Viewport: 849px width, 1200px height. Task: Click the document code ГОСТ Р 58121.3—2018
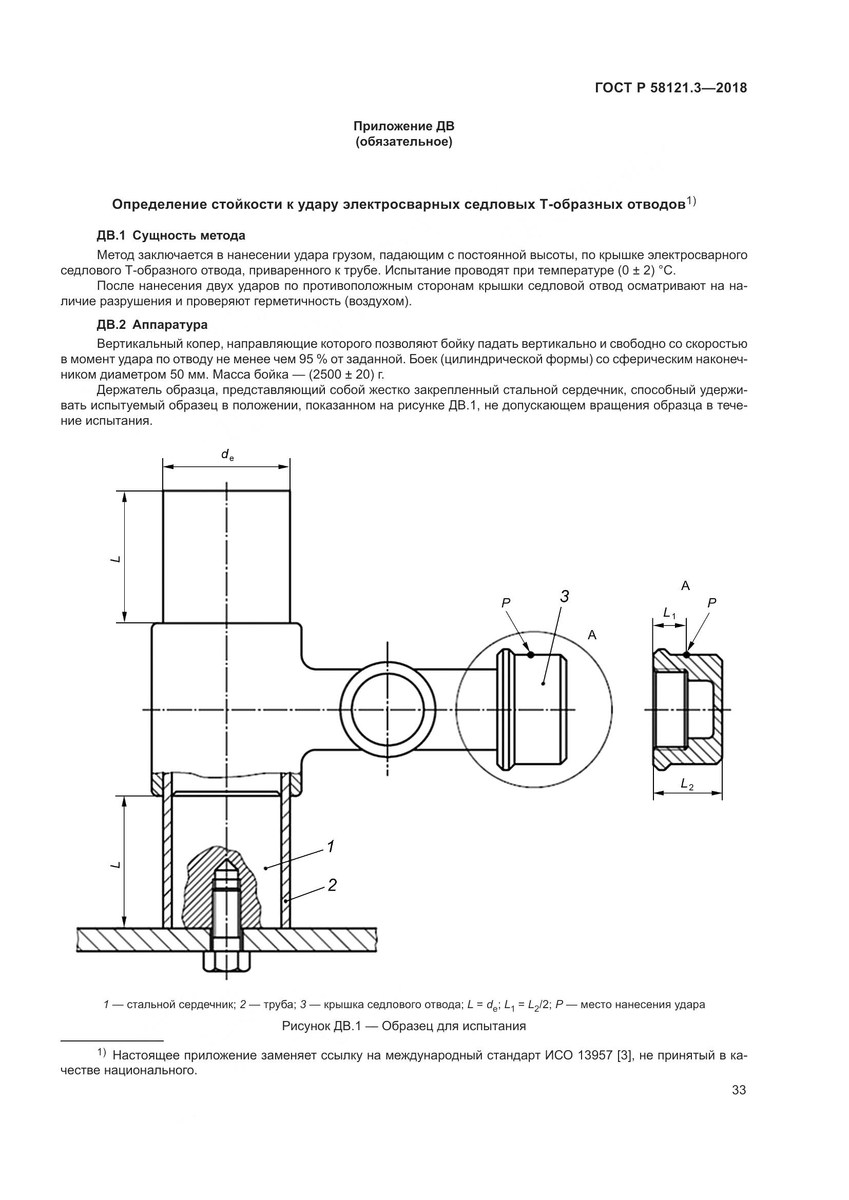(671, 88)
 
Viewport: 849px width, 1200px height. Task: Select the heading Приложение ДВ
(403, 126)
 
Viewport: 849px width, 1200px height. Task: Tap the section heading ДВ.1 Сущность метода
(171, 235)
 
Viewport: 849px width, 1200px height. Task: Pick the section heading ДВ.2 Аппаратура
(152, 325)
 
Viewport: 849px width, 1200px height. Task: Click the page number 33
(739, 1090)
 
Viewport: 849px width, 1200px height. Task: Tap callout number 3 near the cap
(564, 596)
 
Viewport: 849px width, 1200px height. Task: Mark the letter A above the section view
(685, 586)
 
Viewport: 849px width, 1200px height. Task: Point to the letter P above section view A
(711, 603)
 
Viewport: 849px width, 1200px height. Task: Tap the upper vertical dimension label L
(115, 559)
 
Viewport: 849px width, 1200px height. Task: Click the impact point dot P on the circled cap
(531, 654)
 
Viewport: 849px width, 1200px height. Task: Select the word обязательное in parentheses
(403, 142)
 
